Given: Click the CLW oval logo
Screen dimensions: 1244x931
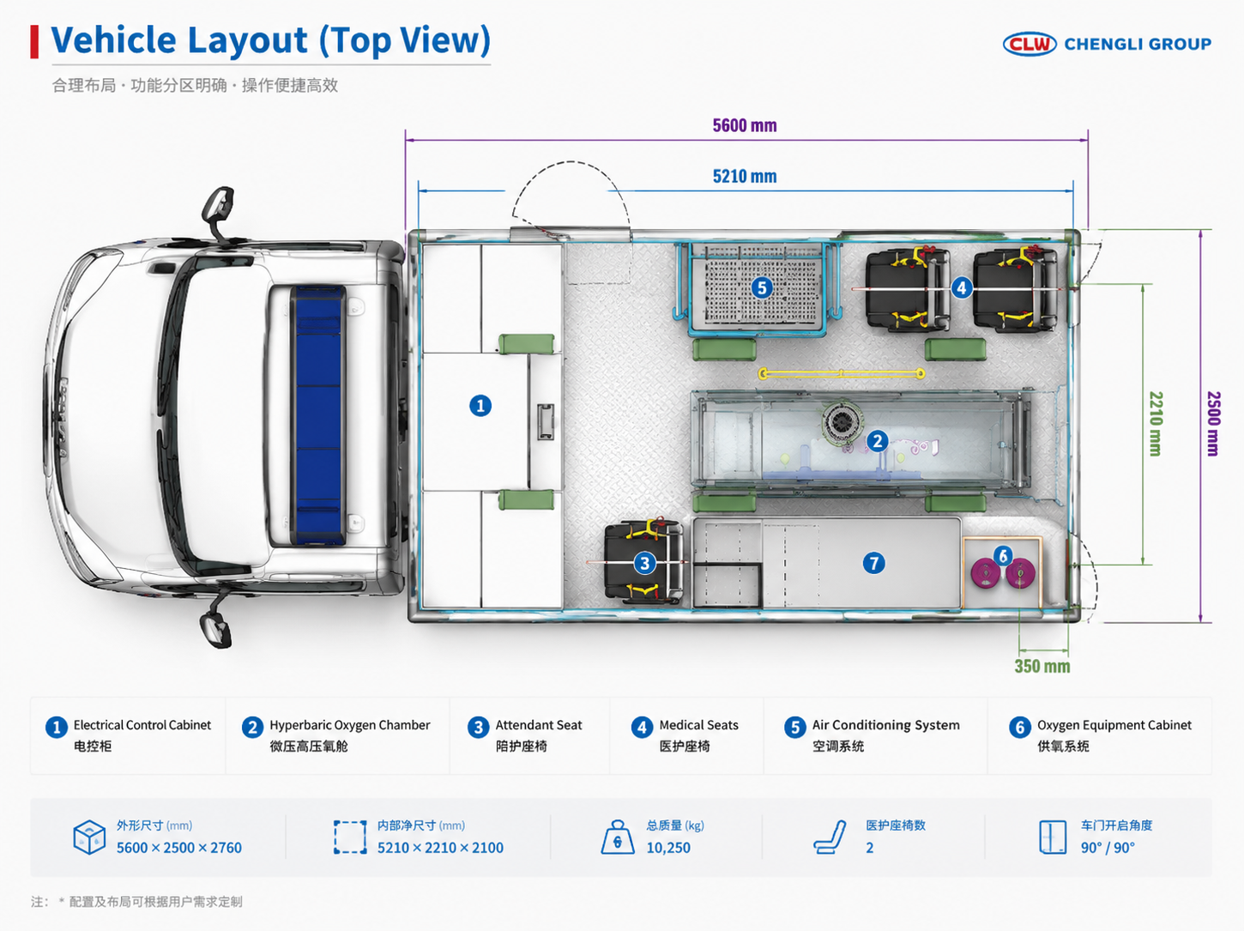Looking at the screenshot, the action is pyautogui.click(x=1030, y=44).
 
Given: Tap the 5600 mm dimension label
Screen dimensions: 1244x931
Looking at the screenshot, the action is pyautogui.click(x=745, y=125).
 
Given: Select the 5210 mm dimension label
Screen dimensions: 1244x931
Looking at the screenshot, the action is pyautogui.click(x=745, y=176).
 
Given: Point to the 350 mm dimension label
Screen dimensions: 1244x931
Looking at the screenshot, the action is pyautogui.click(x=1042, y=666).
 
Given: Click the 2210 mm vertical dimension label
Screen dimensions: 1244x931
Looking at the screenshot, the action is pyautogui.click(x=1156, y=424).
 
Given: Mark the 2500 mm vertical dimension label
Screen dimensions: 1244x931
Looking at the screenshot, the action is pyautogui.click(x=1213, y=424).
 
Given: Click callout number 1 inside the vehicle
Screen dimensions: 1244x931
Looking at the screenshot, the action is pyautogui.click(x=480, y=406).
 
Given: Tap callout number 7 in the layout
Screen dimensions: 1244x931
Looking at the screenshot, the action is pyautogui.click(x=874, y=563).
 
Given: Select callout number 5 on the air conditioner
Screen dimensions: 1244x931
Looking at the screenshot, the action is pyautogui.click(x=762, y=287).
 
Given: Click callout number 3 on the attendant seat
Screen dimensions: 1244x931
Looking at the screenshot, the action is pyautogui.click(x=644, y=563).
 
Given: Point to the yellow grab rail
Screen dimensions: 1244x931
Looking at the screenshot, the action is pyautogui.click(x=842, y=373).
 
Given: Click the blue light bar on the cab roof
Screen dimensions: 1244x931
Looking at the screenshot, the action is pyautogui.click(x=318, y=415).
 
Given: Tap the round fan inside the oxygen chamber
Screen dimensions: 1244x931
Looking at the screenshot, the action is pyautogui.click(x=842, y=421).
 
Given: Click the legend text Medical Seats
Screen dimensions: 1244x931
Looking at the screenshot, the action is pyautogui.click(x=699, y=725).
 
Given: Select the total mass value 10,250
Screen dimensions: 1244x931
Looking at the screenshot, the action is pyautogui.click(x=668, y=848).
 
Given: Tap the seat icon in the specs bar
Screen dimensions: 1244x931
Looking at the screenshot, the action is pyautogui.click(x=830, y=837).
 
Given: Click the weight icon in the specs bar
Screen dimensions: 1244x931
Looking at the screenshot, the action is pyautogui.click(x=617, y=837).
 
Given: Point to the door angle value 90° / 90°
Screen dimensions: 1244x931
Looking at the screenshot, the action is pyautogui.click(x=1108, y=848).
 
